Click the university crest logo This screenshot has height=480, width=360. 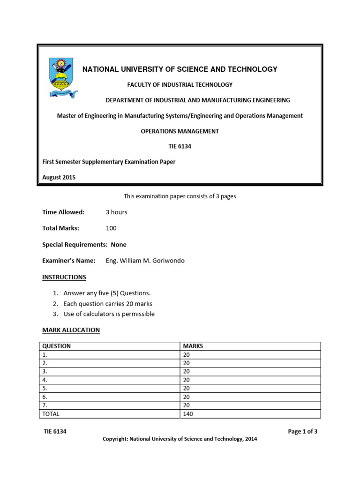click(x=63, y=77)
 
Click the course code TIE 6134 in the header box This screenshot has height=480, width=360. click(x=180, y=146)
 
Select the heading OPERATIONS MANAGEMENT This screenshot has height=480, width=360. click(x=180, y=131)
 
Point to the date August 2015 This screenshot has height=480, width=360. click(x=59, y=177)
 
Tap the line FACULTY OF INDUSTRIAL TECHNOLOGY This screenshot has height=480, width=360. click(x=180, y=85)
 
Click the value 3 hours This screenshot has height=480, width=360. click(x=116, y=212)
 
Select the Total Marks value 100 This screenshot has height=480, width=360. click(x=111, y=228)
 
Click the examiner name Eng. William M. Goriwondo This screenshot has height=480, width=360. click(x=145, y=261)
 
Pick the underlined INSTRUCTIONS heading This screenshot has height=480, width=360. click(x=64, y=277)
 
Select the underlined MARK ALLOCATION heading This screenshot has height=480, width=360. click(x=71, y=330)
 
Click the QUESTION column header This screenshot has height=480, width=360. click(x=57, y=346)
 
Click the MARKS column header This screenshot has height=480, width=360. click(x=193, y=346)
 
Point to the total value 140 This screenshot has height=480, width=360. click(x=188, y=414)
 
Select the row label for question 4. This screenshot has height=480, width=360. click(x=45, y=380)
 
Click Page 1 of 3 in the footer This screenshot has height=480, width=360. click(x=303, y=432)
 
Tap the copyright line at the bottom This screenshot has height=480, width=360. click(x=180, y=439)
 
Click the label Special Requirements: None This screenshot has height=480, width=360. click(x=84, y=245)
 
